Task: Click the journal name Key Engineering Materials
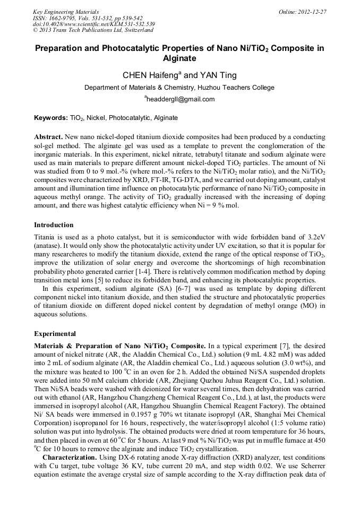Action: tap(65, 12)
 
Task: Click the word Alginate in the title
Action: tap(179, 58)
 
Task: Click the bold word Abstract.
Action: tap(49, 136)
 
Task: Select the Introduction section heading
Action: tap(54, 225)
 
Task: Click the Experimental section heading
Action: tap(55, 334)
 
